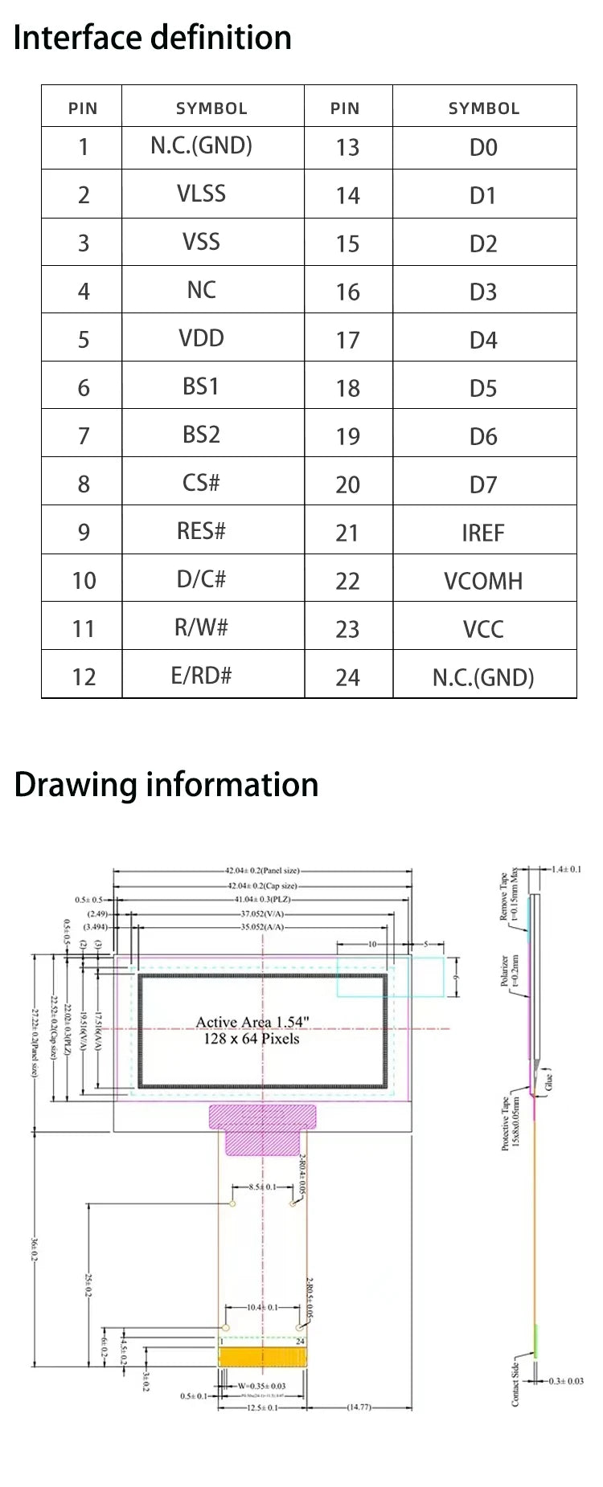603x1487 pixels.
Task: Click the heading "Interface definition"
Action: (x=153, y=38)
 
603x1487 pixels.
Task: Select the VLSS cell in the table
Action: (x=201, y=194)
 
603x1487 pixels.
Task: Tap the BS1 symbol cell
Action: (x=201, y=386)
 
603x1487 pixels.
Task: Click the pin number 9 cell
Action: (x=83, y=532)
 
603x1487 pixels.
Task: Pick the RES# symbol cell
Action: (x=201, y=531)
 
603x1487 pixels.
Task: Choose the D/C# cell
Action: (x=201, y=579)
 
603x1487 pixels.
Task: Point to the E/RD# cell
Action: (x=201, y=676)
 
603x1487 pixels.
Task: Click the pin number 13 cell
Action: (x=347, y=147)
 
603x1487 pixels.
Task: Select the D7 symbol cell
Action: (x=483, y=484)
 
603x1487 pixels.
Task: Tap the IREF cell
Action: (x=483, y=533)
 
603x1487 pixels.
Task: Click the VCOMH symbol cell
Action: (x=483, y=581)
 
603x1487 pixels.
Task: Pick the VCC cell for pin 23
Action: (x=483, y=629)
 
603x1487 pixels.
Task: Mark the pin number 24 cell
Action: (x=347, y=677)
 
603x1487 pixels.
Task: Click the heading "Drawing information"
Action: (x=166, y=785)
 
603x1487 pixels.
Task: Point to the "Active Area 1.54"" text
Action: (x=252, y=1022)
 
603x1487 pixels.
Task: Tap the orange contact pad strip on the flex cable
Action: (x=263, y=1357)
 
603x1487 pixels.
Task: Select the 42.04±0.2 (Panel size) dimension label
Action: (x=262, y=870)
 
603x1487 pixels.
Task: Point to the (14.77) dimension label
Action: (x=359, y=1407)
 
